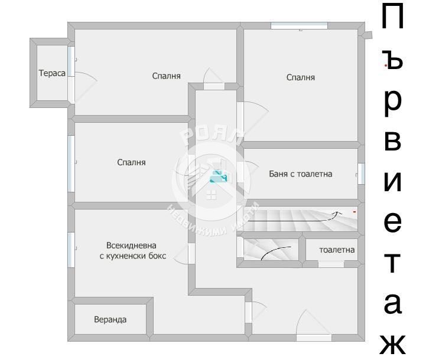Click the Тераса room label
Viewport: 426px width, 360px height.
click(x=52, y=74)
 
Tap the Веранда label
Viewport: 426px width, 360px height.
click(x=110, y=320)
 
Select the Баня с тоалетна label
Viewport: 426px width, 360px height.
click(x=300, y=174)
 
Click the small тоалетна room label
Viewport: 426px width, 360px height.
click(x=337, y=250)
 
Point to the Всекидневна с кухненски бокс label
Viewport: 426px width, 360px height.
click(x=132, y=251)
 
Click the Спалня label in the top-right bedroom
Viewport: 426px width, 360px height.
click(x=300, y=77)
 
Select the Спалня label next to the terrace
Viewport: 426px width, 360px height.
click(x=166, y=76)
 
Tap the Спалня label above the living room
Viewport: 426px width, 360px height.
click(x=131, y=162)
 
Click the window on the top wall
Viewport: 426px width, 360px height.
click(x=299, y=25)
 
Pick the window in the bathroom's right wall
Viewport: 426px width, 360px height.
click(x=361, y=174)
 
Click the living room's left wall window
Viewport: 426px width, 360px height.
click(x=71, y=250)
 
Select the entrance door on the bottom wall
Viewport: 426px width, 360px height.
click(x=314, y=338)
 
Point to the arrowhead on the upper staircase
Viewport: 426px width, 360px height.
click(x=339, y=211)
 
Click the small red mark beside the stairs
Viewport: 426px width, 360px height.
click(x=355, y=210)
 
